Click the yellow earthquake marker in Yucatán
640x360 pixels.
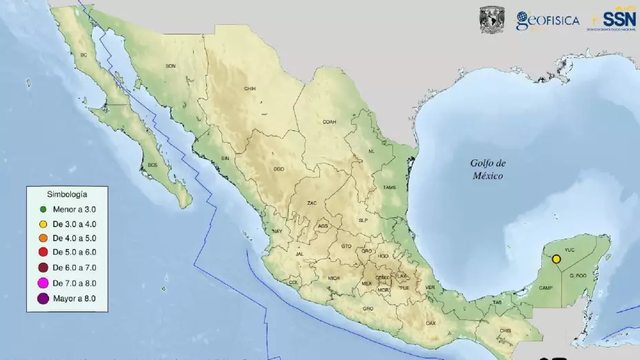pyautogui.click(x=557, y=259)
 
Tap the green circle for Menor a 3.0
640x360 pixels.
pyautogui.click(x=43, y=209)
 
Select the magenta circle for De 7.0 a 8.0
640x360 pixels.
pyautogui.click(x=43, y=283)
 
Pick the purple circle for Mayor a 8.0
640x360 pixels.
pyautogui.click(x=43, y=298)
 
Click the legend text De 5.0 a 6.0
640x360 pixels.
pyautogui.click(x=74, y=252)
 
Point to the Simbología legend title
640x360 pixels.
pyautogui.click(x=67, y=194)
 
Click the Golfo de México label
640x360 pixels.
pyautogui.click(x=488, y=170)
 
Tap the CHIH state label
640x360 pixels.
pyautogui.click(x=250, y=88)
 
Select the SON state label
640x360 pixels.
pyautogui.click(x=171, y=66)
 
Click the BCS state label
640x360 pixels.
pyautogui.click(x=152, y=165)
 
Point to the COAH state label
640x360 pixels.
pyautogui.click(x=329, y=121)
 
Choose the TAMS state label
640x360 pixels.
pyautogui.click(x=390, y=187)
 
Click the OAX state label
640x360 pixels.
pyautogui.click(x=431, y=323)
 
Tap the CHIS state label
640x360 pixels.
pyautogui.click(x=506, y=330)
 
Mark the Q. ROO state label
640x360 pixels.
pyautogui.click(x=577, y=277)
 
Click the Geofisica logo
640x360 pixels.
pyautogui.click(x=548, y=21)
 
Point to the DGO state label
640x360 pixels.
pyautogui.click(x=279, y=168)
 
